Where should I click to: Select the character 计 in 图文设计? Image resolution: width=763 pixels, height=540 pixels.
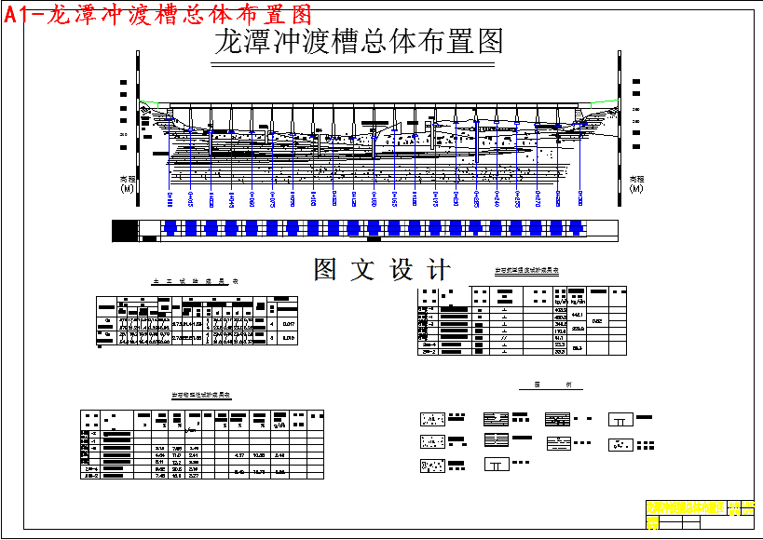(x=436, y=270)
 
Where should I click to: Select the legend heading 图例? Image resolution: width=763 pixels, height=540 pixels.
(x=545, y=385)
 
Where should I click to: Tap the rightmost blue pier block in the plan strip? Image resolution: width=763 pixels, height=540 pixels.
(x=576, y=227)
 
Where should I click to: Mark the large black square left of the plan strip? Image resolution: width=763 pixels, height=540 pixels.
(x=124, y=229)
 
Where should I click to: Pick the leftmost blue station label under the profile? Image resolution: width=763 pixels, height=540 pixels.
(x=170, y=199)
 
